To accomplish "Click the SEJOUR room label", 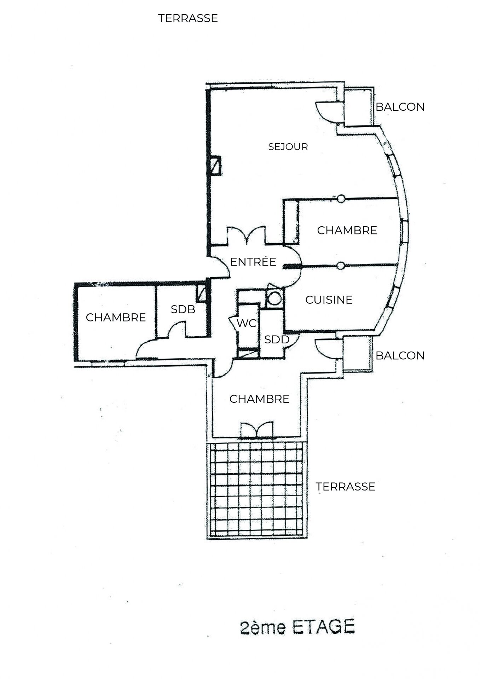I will tap(288, 146).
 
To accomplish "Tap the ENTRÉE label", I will tap(253, 262).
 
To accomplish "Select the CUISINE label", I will tap(329, 300).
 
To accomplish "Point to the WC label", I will tap(246, 323).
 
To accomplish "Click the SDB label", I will tap(183, 309).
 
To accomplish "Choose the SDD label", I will tap(277, 340).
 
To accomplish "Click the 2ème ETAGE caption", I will tap(297, 627).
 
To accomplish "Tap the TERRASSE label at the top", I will tap(188, 18).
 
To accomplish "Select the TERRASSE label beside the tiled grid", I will tap(345, 487).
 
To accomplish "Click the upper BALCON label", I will tap(400, 107).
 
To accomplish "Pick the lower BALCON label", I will tap(400, 355).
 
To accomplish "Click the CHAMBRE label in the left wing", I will tap(116, 318).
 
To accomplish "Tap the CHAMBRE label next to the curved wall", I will tap(347, 230).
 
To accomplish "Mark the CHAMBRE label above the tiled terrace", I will tap(259, 399).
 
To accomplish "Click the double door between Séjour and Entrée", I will tap(246, 235).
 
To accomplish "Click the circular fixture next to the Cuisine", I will tap(273, 298).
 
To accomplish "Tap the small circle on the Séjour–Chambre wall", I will tap(341, 199).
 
